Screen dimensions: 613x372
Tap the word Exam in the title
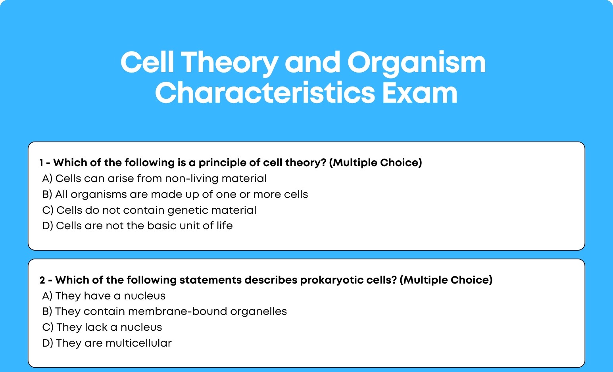(419, 93)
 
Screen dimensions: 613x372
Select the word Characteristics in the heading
(265, 93)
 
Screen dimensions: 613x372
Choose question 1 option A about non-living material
(154, 178)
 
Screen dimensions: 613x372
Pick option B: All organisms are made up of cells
(175, 194)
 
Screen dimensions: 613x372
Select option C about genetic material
(150, 210)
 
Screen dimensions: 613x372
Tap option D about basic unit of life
(137, 226)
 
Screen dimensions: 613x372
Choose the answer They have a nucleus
(104, 296)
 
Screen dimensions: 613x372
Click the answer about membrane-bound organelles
(165, 312)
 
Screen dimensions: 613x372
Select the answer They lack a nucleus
(102, 328)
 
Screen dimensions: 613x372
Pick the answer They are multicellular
(107, 343)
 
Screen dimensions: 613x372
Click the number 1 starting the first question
(41, 163)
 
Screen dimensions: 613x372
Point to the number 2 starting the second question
(42, 280)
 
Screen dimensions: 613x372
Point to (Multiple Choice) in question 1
(375, 163)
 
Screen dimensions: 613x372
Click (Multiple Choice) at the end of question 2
(446, 280)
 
